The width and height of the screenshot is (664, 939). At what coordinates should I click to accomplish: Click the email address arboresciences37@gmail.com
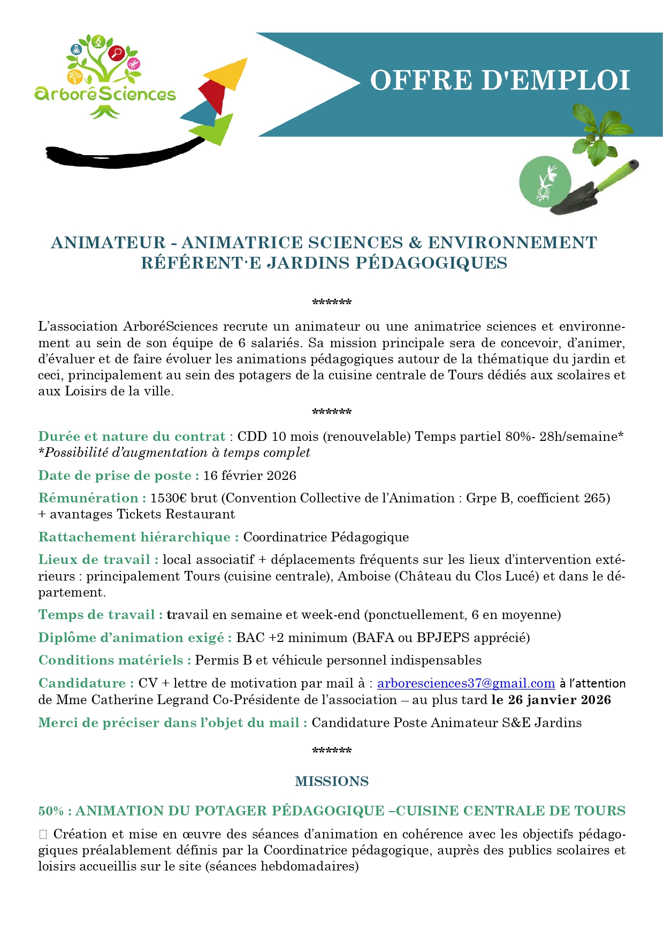coord(466,683)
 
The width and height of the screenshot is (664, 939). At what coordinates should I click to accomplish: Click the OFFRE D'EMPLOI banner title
coord(500,81)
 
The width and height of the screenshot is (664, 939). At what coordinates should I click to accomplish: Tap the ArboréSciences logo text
coord(105,94)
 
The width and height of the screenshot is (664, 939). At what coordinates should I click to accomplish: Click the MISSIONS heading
coord(332,781)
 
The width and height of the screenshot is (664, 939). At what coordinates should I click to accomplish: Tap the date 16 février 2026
coord(250,476)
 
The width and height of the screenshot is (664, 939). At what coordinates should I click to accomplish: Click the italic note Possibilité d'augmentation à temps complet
coord(177,453)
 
